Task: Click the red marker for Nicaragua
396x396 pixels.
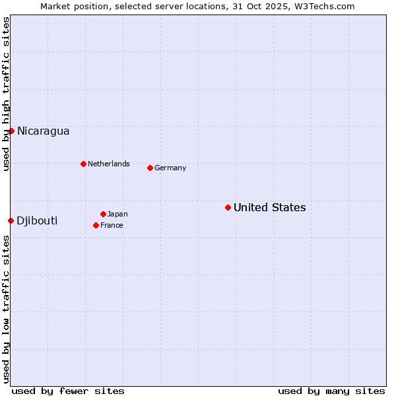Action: coord(11,131)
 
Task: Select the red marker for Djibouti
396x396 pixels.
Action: coord(11,220)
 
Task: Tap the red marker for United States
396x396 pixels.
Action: coord(228,207)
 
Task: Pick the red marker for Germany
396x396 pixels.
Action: coord(150,168)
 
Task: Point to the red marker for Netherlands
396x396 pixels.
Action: coord(83,164)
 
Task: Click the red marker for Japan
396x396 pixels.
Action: coord(103,214)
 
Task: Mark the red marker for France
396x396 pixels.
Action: coord(96,225)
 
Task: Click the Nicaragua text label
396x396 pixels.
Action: coord(43,131)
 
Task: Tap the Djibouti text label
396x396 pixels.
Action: coord(37,220)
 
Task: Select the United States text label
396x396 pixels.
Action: coord(269,207)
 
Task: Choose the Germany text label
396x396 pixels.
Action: coord(170,168)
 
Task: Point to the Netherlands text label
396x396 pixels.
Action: coord(108,164)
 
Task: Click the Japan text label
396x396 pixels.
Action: coord(117,214)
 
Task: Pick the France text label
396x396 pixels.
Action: coord(112,225)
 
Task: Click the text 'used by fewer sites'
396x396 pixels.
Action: coord(68,391)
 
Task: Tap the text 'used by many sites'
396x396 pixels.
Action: coord(331,391)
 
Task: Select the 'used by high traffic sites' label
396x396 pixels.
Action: coord(6,94)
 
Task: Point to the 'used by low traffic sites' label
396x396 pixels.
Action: coord(6,309)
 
